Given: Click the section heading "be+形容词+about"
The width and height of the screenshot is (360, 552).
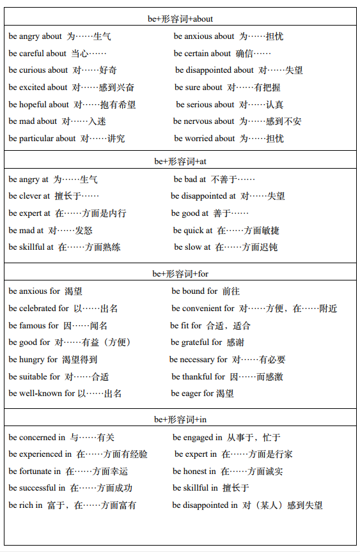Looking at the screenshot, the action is pos(180,19).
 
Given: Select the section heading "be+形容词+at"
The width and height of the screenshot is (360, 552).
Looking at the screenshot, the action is pos(180,162).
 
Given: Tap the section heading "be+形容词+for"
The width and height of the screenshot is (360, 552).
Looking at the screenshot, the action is pos(180,274).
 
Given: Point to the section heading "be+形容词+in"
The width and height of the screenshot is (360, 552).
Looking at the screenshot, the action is pos(180,420).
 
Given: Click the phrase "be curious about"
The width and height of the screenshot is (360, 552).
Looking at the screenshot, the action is pos(38,70).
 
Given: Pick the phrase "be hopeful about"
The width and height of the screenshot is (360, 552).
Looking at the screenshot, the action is pos(39,105).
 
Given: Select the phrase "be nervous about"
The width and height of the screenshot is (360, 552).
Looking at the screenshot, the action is pos(203,121).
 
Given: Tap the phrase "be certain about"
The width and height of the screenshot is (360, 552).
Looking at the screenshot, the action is pos(202,54).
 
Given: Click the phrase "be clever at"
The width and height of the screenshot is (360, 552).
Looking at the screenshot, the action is pos(29,196).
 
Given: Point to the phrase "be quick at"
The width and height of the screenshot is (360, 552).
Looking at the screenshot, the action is pos(192,231).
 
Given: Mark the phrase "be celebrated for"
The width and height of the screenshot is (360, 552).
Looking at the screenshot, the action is pos(39,309).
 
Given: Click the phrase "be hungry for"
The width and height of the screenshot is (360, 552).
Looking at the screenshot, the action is pos(33,360).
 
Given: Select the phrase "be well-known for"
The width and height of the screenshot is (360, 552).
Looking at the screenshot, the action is pos(42,394).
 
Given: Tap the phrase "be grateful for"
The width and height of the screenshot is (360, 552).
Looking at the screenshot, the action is pos(196,342).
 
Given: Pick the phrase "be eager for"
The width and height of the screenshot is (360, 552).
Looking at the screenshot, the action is pos(192,394).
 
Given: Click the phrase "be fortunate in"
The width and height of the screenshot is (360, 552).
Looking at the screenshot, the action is pos(35,471).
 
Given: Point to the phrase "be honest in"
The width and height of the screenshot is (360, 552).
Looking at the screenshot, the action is pos(194,471).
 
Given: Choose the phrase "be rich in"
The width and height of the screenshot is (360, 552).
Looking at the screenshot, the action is pos(26,505).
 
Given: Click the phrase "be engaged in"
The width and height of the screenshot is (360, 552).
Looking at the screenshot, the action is pos(198,438).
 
